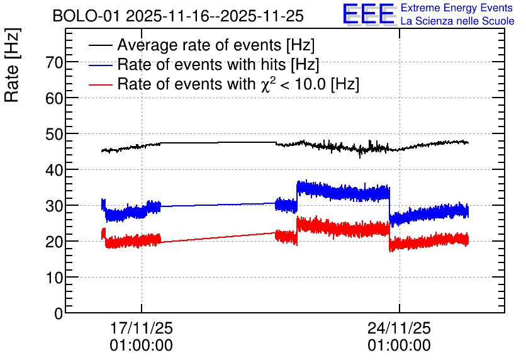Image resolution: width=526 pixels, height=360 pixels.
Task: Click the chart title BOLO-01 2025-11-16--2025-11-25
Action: click(178, 16)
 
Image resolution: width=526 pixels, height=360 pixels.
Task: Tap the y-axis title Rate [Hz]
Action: click(12, 65)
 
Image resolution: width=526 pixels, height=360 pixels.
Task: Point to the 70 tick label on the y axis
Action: click(54, 62)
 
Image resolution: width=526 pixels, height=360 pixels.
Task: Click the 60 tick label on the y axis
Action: click(54, 98)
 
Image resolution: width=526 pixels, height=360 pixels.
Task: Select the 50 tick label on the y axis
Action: click(54, 134)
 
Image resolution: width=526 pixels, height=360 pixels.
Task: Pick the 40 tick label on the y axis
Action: click(54, 170)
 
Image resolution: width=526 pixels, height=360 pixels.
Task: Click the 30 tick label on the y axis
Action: click(54, 206)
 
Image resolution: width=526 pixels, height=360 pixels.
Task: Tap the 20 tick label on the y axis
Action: click(54, 242)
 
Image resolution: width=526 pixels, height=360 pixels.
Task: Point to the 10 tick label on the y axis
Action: click(54, 278)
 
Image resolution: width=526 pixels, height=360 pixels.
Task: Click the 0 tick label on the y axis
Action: click(59, 313)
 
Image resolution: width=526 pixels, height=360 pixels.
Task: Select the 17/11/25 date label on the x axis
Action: click(141, 328)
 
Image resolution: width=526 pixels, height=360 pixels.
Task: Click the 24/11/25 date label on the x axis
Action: click(399, 328)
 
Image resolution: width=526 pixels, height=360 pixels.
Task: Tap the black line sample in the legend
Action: click(100, 45)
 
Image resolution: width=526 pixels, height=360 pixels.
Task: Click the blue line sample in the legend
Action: click(100, 65)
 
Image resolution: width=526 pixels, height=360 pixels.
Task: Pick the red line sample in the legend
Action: click(100, 84)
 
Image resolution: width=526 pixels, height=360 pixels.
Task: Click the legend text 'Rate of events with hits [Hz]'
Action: click(218, 64)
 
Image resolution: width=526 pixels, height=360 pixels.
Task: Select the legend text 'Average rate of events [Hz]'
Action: click(216, 45)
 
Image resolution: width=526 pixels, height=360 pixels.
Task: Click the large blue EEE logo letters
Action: click(369, 14)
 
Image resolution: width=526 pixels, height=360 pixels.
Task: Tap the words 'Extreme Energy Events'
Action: click(457, 8)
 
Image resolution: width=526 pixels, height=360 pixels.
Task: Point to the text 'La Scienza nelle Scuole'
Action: click(457, 21)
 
